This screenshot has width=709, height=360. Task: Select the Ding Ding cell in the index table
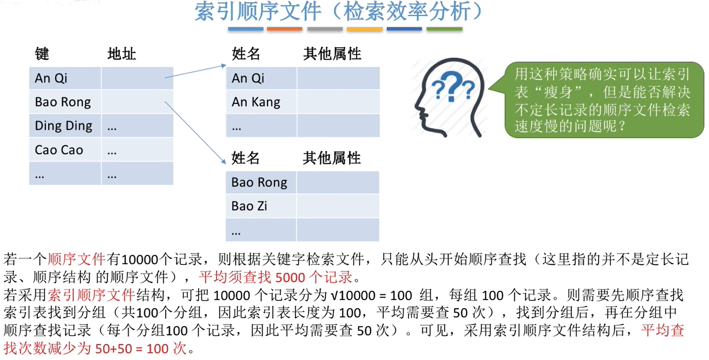point(64,126)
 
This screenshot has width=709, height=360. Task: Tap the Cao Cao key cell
point(59,150)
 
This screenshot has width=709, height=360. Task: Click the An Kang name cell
point(256,102)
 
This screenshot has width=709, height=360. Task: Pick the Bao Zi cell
point(249,206)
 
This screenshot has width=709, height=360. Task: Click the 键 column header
point(42,54)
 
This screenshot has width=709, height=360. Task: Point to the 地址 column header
point(122,54)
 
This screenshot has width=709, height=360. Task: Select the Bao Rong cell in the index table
point(63,102)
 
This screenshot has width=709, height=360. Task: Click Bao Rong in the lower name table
point(259,183)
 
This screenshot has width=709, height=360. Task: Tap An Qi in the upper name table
point(248,78)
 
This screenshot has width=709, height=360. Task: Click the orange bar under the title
point(284,30)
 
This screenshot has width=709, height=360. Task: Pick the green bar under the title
point(444,30)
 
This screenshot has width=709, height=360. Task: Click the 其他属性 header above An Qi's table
point(332,54)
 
